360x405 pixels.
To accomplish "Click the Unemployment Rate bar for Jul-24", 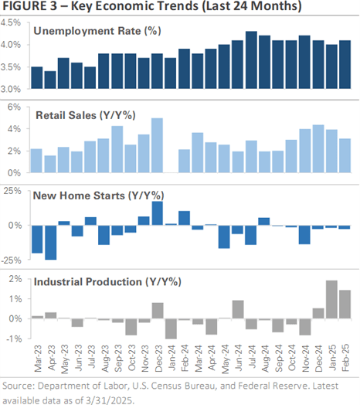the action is click(x=251, y=60).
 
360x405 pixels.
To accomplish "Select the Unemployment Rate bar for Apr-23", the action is click(x=50, y=80).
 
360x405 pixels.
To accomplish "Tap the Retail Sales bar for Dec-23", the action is click(x=157, y=145).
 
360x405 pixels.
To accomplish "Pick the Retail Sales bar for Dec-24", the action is click(x=318, y=148).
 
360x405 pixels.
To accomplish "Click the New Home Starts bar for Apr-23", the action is click(x=51, y=242).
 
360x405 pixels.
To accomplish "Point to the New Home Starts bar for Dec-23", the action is click(x=158, y=213).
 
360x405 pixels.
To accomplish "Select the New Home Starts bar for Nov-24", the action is click(x=304, y=234).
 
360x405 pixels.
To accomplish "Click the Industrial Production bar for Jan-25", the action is click(x=331, y=299).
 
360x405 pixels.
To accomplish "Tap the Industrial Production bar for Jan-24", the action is click(x=171, y=328).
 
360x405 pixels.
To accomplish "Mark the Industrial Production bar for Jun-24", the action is click(x=238, y=309).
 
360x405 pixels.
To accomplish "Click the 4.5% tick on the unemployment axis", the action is click(x=11, y=22).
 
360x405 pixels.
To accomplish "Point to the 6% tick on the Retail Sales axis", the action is click(x=14, y=107).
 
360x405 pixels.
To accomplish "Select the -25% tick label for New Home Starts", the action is click(x=11, y=260).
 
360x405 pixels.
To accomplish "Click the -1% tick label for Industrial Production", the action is click(x=14, y=339).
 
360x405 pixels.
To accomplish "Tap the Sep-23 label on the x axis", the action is click(x=118, y=358).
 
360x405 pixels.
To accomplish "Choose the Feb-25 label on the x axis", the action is click(x=345, y=358).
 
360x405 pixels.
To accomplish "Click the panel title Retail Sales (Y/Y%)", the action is click(x=86, y=115).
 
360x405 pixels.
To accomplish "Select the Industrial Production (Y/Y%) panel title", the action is click(x=107, y=282).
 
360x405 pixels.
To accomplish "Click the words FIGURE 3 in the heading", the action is click(x=29, y=6).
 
